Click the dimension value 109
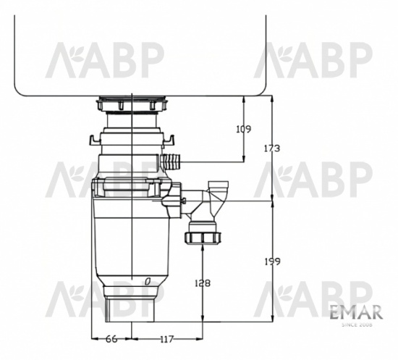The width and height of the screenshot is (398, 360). pos(244,129)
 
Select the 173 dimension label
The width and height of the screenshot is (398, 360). pos(271,148)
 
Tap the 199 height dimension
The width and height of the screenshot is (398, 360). pos(271,261)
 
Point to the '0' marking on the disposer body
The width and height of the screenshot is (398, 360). pos(147,280)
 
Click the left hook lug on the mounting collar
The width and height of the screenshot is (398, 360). pos(92,137)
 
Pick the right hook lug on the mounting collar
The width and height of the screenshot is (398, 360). pos(173,137)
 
